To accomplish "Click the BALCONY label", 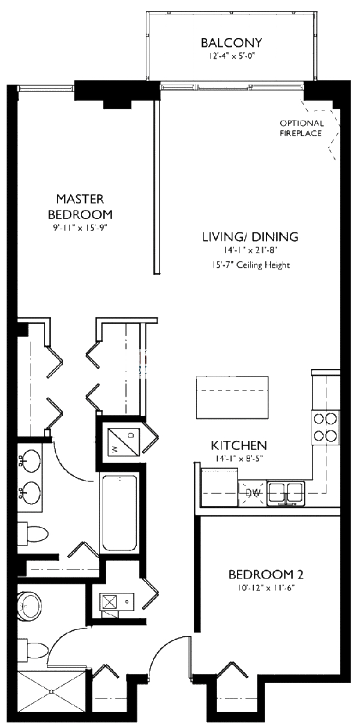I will [x=231, y=43].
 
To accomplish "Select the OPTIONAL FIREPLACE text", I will [x=302, y=128].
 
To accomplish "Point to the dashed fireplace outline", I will [x=327, y=129].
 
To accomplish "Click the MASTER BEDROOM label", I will [x=84, y=206].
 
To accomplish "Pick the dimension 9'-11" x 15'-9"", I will [x=84, y=227].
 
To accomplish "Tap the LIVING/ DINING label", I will [x=250, y=236].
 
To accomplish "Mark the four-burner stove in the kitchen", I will [x=325, y=427].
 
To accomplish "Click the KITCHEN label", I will [x=238, y=446].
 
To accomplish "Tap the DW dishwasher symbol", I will [x=252, y=493].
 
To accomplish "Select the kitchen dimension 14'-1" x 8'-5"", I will [x=238, y=459].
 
